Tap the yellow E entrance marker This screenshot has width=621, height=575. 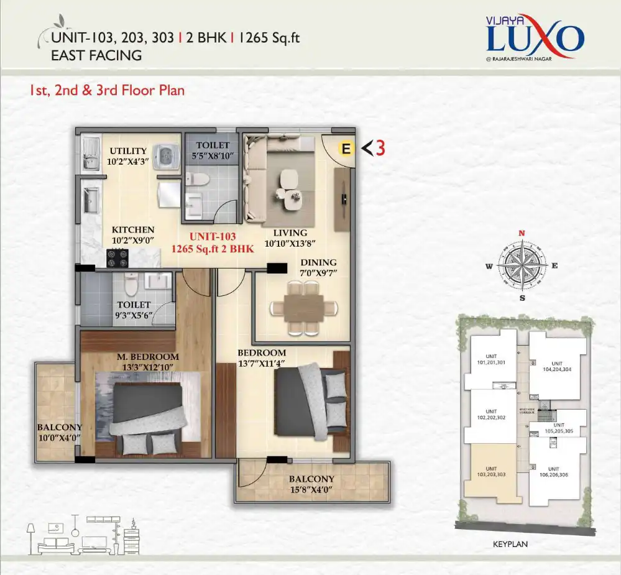click(346, 149)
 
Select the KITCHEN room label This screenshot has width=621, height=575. click(132, 230)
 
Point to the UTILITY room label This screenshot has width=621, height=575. click(128, 150)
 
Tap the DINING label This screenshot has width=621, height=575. click(318, 262)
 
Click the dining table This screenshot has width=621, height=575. click(303, 308)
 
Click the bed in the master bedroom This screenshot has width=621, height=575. click(147, 416)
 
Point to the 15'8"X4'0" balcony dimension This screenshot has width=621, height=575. click(311, 490)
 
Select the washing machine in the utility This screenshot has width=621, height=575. click(167, 155)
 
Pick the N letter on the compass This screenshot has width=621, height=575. click(522, 233)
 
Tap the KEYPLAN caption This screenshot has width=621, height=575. click(509, 543)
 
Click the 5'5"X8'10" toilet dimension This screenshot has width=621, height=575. click(211, 155)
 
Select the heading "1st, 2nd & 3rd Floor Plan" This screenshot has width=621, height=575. click(107, 90)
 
